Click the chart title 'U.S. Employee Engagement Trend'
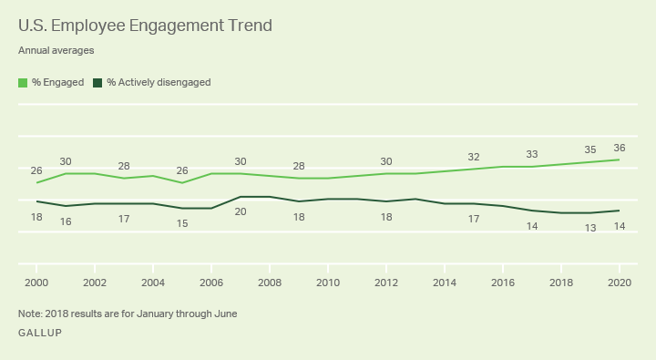click(145, 26)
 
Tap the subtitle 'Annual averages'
click(56, 51)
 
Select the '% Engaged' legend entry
click(51, 82)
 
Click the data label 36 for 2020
click(620, 148)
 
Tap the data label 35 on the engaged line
click(590, 150)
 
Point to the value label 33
click(532, 154)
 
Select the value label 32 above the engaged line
click(474, 157)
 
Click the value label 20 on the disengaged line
click(241, 211)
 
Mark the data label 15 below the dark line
click(182, 223)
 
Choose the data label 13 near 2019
click(590, 228)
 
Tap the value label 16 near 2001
click(66, 221)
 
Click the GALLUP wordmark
click(40, 334)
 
